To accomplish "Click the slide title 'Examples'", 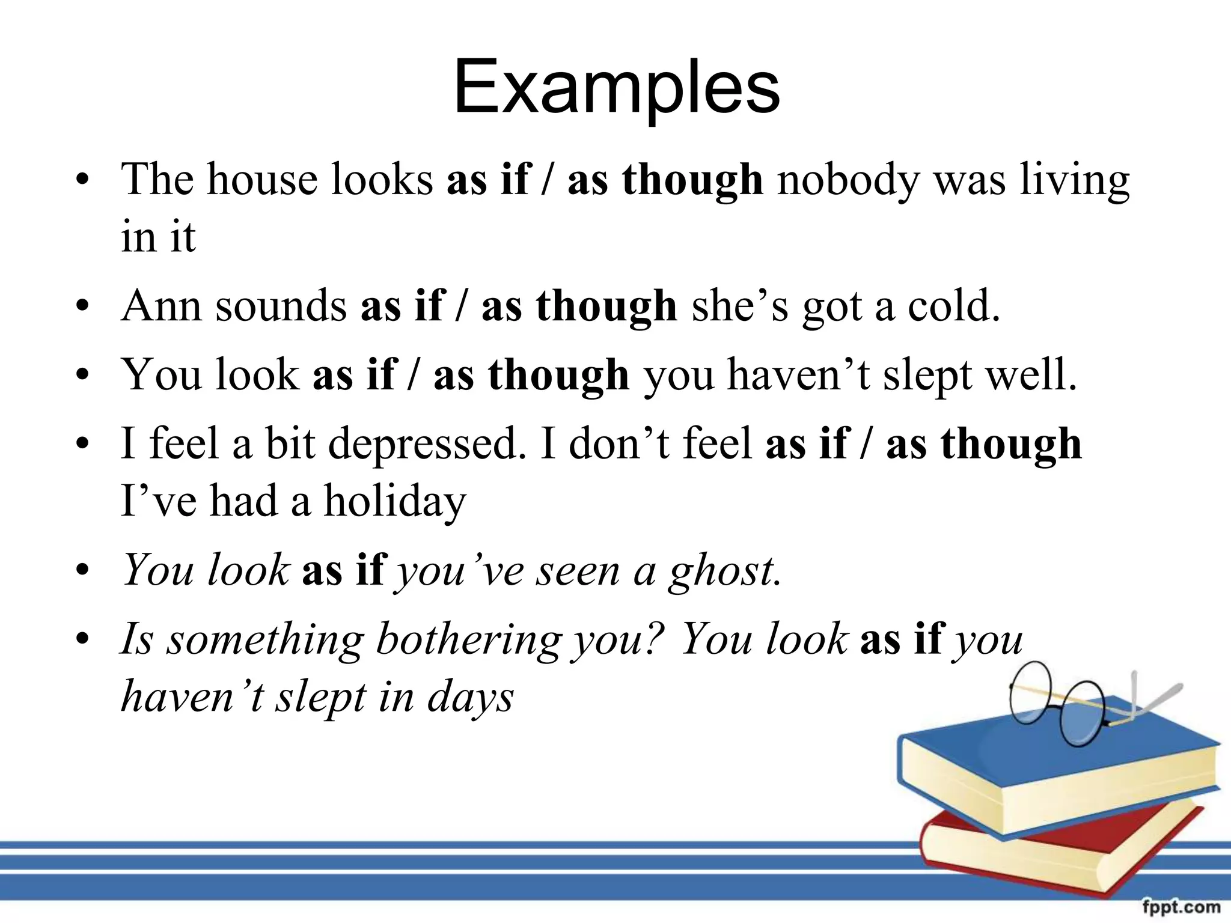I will click(617, 88).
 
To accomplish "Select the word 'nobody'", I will click(848, 180).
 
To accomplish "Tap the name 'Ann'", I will click(160, 306).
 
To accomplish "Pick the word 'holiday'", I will click(395, 502).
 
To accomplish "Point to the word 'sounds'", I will click(281, 306).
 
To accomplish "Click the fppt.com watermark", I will click(1181, 906).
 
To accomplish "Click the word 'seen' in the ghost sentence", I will click(578, 571).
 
